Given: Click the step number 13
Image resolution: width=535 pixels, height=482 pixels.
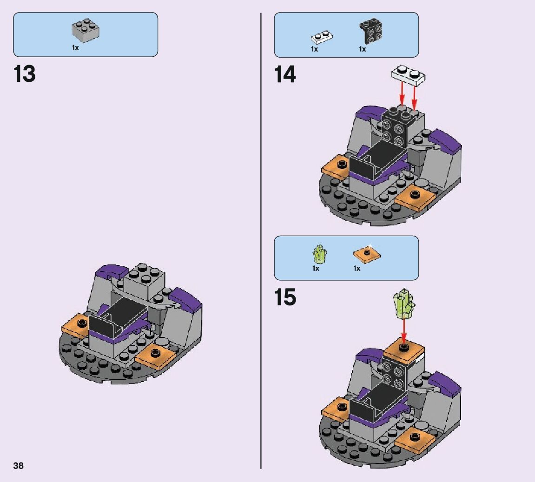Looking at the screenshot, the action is click(x=24, y=74).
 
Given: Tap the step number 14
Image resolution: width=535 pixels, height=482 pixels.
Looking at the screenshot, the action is click(x=285, y=74).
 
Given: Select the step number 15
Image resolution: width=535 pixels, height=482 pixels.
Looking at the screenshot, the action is click(x=285, y=297).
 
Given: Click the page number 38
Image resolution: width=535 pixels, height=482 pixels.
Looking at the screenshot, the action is click(x=19, y=466).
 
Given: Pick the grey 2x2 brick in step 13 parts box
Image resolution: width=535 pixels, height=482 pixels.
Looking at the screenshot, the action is click(x=86, y=30).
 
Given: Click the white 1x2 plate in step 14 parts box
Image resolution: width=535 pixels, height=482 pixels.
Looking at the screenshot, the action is click(x=322, y=37).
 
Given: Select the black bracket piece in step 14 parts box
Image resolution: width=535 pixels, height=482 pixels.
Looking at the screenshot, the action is click(x=370, y=31).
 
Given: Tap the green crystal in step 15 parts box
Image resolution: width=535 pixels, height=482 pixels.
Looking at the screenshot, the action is click(x=319, y=254).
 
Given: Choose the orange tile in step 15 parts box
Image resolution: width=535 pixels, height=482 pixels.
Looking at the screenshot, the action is click(x=366, y=255).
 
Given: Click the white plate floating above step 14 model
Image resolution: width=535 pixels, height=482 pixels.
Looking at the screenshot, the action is click(x=408, y=75).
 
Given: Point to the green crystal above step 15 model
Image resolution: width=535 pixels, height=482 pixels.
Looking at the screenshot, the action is click(x=403, y=304).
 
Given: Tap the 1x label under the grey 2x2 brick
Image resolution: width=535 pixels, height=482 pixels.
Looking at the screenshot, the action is click(x=75, y=48).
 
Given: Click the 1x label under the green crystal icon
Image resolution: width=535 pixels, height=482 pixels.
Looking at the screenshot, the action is click(x=316, y=269).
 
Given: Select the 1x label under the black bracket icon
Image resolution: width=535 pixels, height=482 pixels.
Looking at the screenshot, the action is click(x=363, y=49).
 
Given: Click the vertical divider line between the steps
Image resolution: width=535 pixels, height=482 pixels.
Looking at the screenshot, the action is click(x=261, y=241).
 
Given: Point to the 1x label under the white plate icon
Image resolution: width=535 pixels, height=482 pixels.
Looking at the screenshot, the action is click(x=314, y=49).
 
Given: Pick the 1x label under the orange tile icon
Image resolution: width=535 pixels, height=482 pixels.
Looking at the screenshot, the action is click(x=357, y=269).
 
